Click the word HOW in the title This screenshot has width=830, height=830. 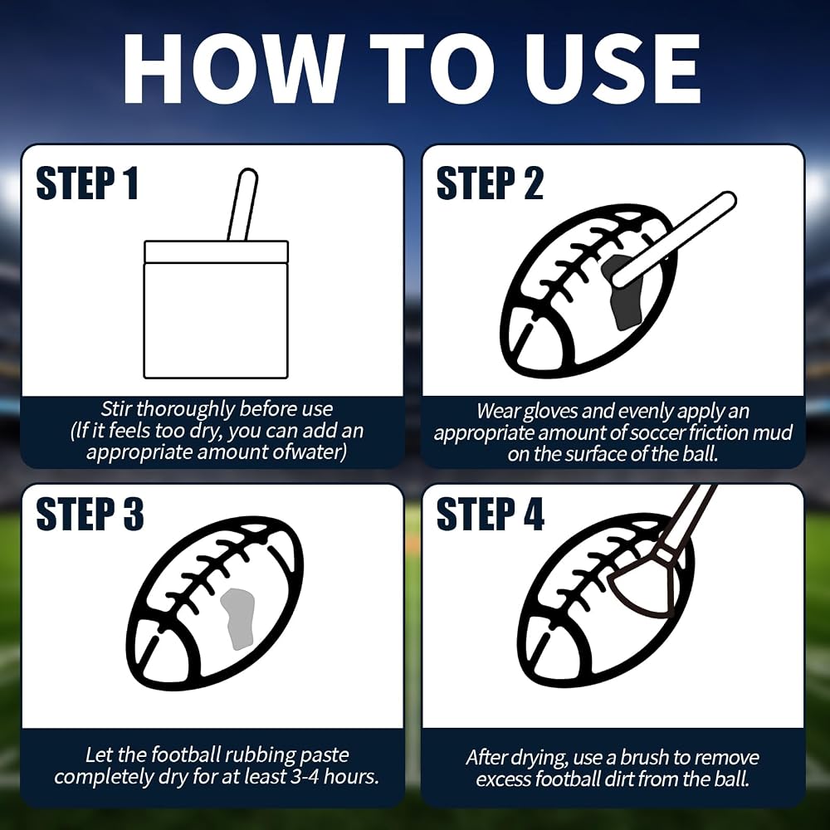coord(234,68)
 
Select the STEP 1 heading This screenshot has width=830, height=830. coord(87,183)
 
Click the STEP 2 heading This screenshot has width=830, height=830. coord(490,183)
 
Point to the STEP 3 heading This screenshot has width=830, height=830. coord(90,514)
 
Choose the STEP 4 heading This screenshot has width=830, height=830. coord(491,514)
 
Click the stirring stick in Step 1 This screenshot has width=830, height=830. coord(243,205)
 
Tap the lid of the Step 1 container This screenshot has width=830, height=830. coord(216,252)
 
